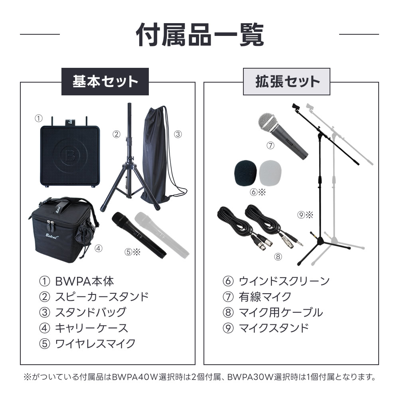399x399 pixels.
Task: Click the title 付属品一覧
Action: [x=199, y=35]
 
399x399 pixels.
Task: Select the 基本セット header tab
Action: [x=105, y=81]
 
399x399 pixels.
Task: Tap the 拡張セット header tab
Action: [x=286, y=81]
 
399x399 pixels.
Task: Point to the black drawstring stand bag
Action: [x=156, y=156]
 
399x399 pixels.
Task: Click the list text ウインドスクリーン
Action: [x=284, y=281]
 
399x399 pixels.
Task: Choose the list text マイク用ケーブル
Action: [x=280, y=312]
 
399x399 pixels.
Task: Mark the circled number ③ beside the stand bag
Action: [x=178, y=134]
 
